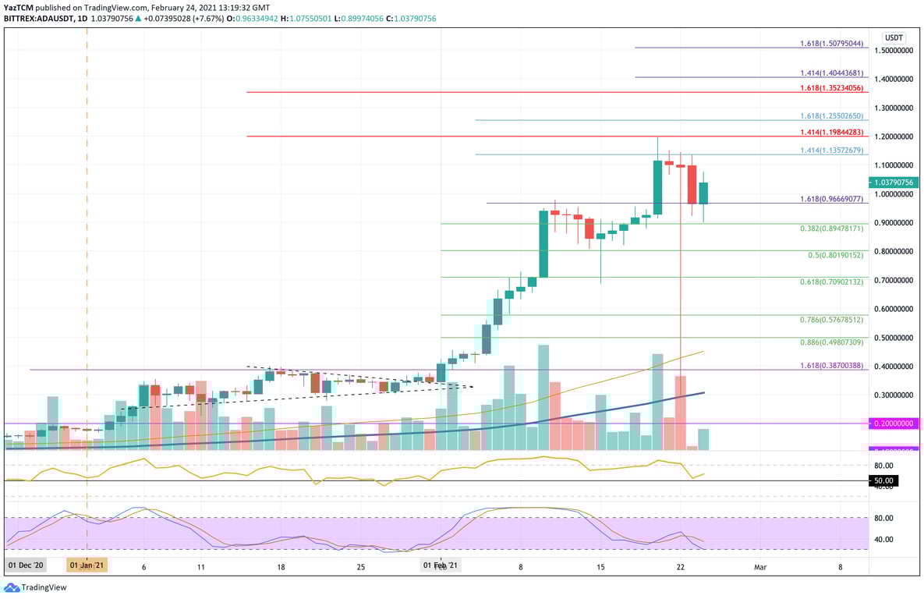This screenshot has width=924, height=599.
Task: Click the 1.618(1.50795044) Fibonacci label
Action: tap(831, 44)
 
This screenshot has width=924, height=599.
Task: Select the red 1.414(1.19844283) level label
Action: tap(831, 133)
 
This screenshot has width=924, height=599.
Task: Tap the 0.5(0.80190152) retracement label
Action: tap(835, 255)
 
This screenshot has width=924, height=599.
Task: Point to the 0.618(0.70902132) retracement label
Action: tap(831, 282)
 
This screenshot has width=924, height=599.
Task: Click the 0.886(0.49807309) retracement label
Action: tap(831, 342)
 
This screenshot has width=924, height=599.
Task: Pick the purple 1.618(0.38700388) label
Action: tap(831, 365)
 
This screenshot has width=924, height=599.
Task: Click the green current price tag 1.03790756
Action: tap(894, 183)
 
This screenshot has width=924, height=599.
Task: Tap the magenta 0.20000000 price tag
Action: tap(894, 424)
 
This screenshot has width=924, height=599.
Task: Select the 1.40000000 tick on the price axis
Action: tap(894, 79)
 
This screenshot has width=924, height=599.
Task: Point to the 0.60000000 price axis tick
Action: tap(894, 309)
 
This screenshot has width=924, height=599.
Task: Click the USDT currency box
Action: tap(893, 37)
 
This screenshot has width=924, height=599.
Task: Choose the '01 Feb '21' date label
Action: tap(441, 565)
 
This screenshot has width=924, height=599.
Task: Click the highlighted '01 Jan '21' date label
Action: tap(87, 565)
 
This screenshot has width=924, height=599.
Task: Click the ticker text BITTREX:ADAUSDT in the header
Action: tap(42, 19)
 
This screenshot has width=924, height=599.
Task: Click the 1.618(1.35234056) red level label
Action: tap(831, 88)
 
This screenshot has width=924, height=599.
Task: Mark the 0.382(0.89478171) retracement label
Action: tap(831, 229)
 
